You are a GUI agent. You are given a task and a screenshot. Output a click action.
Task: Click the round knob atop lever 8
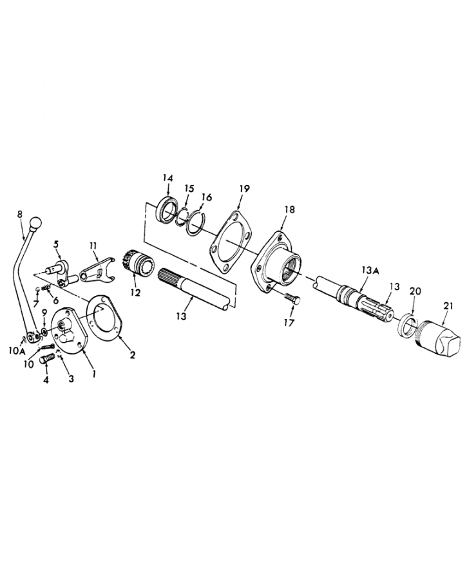36,223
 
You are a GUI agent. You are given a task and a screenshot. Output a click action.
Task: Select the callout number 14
167,178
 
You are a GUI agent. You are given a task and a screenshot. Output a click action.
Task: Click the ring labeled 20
406,325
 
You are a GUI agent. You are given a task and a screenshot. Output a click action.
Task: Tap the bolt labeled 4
47,358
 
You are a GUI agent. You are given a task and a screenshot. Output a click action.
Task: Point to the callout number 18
290,209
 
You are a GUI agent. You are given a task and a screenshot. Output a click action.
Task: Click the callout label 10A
16,351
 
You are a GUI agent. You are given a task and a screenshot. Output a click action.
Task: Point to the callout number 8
19,215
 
